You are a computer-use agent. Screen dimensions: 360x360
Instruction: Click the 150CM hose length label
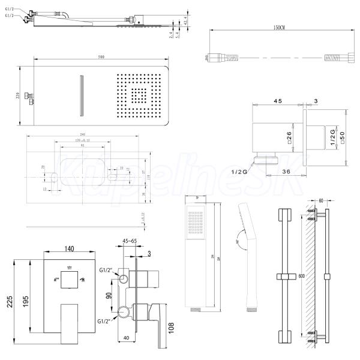pyautogui.click(x=277, y=28)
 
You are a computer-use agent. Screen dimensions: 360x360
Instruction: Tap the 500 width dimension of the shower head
pyautogui.click(x=101, y=57)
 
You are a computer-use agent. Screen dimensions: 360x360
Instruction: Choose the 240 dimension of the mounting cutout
pyautogui.click(x=86, y=134)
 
